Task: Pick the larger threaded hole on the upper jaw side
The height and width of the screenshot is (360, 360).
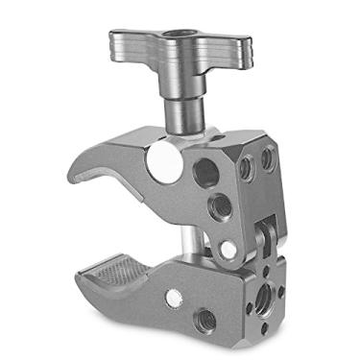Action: [x=206, y=172]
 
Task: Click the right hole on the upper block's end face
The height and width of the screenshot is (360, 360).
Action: [x=268, y=158]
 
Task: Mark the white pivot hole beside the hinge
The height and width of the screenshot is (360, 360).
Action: [x=228, y=250]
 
